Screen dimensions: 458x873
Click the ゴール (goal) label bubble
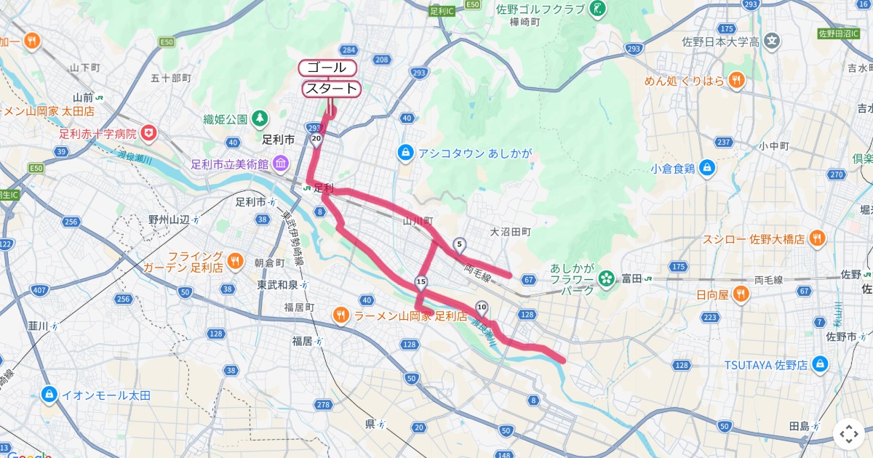click(x=327, y=68)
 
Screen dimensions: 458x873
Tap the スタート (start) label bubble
click(x=331, y=89)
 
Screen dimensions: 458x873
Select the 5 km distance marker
click(x=459, y=244)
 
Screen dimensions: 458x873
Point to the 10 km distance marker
click(x=482, y=307)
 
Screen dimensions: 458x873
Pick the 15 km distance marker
click(x=420, y=281)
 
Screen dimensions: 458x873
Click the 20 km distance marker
click(x=316, y=137)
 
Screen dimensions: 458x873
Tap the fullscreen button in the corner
click(x=849, y=434)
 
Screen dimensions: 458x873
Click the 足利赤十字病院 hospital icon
click(x=149, y=133)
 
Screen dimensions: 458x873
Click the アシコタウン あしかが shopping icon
click(x=405, y=153)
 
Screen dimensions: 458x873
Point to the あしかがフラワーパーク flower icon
click(x=605, y=278)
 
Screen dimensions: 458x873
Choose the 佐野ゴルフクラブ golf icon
click(x=598, y=9)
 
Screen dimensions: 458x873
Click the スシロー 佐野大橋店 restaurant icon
click(x=817, y=238)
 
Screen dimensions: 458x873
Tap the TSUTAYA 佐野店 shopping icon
click(x=821, y=364)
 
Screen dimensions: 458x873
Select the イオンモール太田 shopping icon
click(x=49, y=395)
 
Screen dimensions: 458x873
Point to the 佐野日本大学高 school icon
click(x=773, y=41)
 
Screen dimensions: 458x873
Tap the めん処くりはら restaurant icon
click(x=737, y=80)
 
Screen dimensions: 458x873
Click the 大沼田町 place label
click(x=510, y=232)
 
